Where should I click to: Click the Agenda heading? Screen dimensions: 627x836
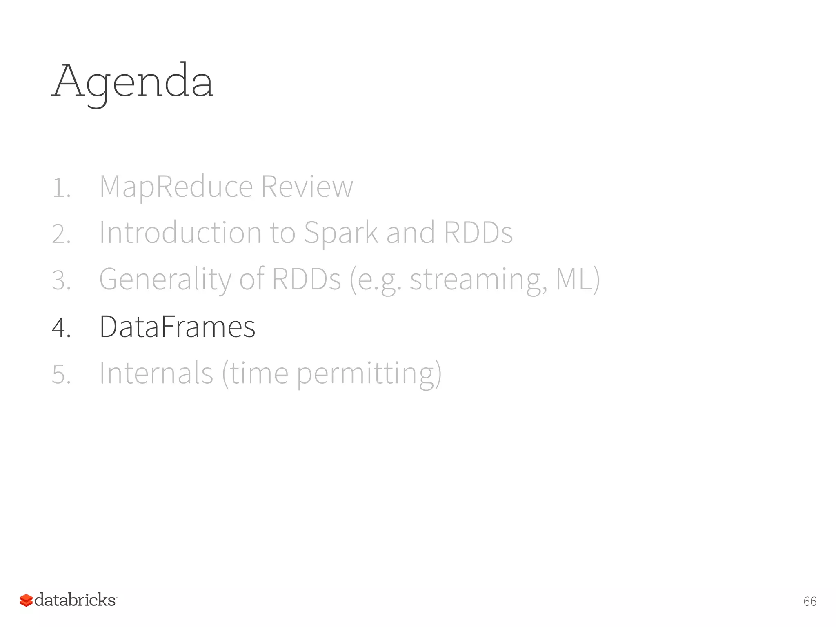[x=133, y=82]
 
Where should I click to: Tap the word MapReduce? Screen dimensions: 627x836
[x=176, y=187]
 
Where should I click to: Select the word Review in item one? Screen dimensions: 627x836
[x=307, y=187]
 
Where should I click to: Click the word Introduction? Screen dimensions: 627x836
[x=180, y=233]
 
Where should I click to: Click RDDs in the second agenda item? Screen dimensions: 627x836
[x=478, y=233]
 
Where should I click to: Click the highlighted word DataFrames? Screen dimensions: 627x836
[x=177, y=327]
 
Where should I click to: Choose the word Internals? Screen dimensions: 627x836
[x=156, y=373]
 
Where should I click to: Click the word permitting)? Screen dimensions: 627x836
[x=369, y=373]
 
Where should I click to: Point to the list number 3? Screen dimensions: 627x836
[x=61, y=281]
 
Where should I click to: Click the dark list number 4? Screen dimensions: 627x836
[x=61, y=328]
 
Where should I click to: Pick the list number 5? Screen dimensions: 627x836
[x=61, y=374]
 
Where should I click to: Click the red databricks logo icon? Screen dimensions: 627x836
[x=26, y=600]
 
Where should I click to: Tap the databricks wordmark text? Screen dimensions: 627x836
[x=75, y=600]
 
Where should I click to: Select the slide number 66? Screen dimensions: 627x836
[x=809, y=601]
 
